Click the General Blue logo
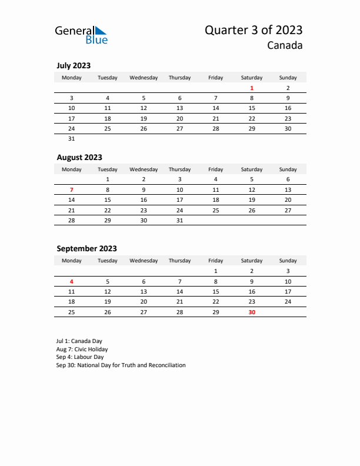tap(81, 35)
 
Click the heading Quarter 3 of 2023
tap(254, 31)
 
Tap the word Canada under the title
tap(285, 45)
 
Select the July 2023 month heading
tap(74, 66)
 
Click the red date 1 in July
tap(252, 88)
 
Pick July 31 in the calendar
tap(72, 139)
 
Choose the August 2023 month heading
tap(79, 157)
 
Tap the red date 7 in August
tap(72, 190)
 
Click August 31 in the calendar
tap(179, 221)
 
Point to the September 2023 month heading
tap(86, 248)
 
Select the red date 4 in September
tap(72, 281)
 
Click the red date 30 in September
tap(252, 312)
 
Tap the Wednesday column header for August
tap(144, 169)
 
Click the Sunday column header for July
tap(288, 78)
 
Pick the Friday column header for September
tap(216, 261)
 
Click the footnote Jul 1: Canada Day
tap(79, 341)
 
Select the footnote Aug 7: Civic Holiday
tap(82, 349)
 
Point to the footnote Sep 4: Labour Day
tap(80, 357)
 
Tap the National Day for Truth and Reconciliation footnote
tap(121, 365)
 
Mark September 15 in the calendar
tap(216, 291)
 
